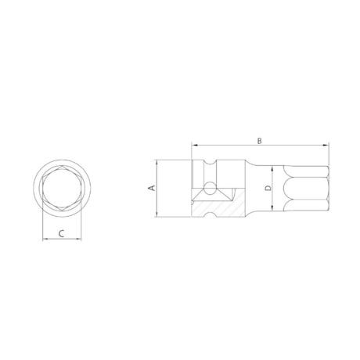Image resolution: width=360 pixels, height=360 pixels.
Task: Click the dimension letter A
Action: (x=153, y=189)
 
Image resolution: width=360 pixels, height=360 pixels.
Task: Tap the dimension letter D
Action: (x=267, y=189)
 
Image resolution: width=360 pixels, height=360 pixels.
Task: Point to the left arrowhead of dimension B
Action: (x=193, y=146)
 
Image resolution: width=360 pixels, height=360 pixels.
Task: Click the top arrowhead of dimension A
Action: (x=159, y=162)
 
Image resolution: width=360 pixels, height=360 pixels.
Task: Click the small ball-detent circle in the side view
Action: (x=210, y=188)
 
